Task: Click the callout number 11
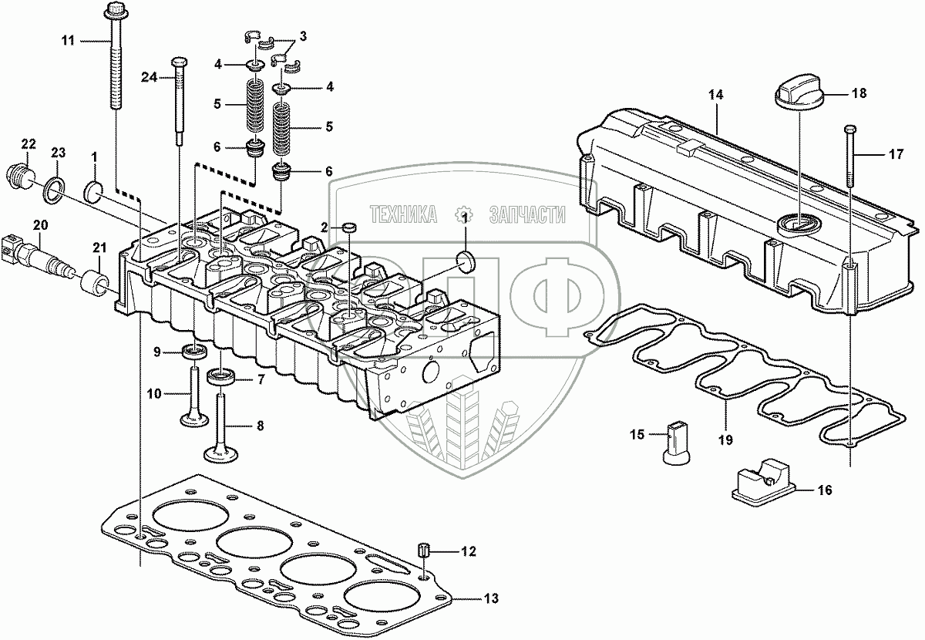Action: (x=68, y=39)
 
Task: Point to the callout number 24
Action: (x=149, y=76)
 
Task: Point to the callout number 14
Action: (x=716, y=95)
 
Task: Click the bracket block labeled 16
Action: (x=761, y=481)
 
